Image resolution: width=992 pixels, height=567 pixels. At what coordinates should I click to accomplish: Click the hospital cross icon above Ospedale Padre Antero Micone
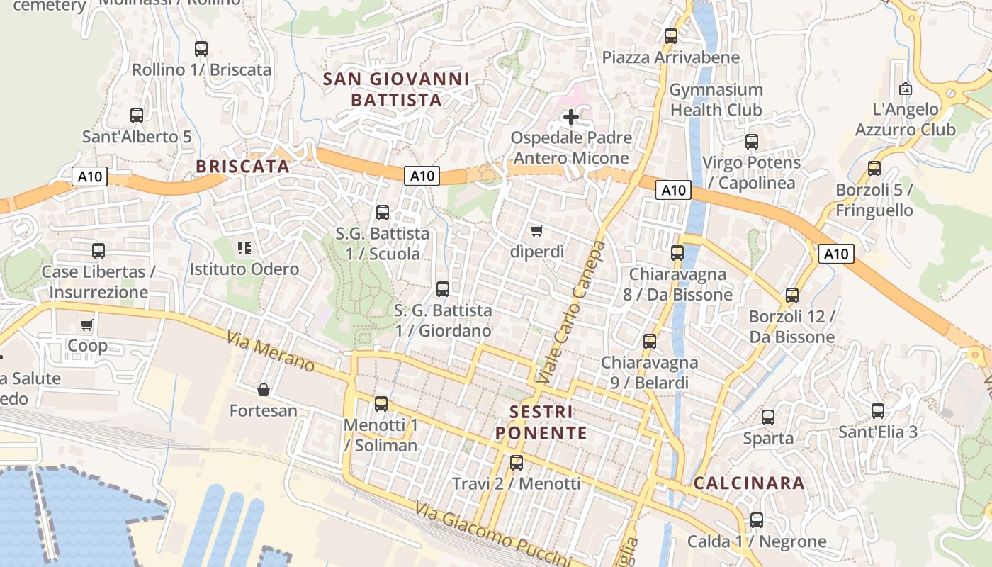click(571, 116)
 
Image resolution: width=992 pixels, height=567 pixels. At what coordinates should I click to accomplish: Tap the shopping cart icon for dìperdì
click(537, 230)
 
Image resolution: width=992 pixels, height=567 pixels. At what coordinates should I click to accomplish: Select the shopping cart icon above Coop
click(87, 325)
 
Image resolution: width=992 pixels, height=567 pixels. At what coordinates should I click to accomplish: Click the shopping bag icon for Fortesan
click(264, 390)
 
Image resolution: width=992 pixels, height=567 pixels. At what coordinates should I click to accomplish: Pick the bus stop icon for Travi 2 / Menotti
click(517, 463)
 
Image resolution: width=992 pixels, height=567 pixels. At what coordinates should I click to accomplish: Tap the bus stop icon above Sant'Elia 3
click(878, 410)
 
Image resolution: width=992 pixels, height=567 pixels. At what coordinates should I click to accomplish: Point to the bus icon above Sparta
click(768, 417)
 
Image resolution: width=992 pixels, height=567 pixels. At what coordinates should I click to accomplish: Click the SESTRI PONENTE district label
click(541, 422)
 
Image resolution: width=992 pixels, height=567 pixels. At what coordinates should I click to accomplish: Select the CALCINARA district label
click(749, 483)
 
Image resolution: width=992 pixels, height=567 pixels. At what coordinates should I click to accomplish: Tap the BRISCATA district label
click(243, 167)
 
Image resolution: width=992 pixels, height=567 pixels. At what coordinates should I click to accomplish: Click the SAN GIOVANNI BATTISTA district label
click(396, 89)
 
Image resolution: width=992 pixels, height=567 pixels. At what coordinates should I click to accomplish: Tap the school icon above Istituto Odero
click(244, 248)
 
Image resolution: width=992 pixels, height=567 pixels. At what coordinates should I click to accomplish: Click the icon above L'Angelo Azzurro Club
click(905, 89)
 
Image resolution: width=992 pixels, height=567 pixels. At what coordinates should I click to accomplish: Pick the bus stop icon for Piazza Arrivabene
click(671, 35)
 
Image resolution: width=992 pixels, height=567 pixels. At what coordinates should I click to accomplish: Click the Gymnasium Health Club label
click(716, 100)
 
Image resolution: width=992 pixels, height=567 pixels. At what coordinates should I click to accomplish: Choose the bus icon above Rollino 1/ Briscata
click(201, 48)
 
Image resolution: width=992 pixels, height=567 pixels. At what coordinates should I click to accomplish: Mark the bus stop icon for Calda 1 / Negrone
click(757, 520)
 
